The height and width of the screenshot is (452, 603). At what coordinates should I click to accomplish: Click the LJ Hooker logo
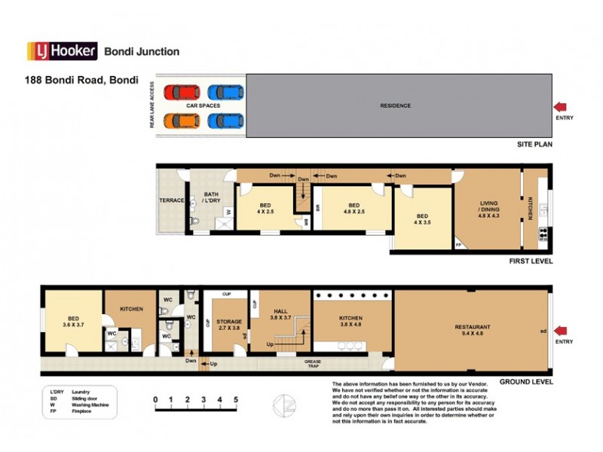tap(63, 51)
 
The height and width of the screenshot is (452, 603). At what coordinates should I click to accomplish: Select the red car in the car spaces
tap(182, 93)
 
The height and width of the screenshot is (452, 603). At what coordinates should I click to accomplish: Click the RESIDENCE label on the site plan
tap(396, 105)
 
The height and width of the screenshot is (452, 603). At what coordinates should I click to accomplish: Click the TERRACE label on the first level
tap(172, 201)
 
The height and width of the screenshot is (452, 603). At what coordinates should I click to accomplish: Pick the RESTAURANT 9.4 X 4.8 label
tap(473, 330)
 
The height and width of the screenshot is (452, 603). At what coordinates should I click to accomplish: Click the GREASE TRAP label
tap(313, 364)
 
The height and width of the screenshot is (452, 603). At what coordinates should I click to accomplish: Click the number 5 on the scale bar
tap(236, 399)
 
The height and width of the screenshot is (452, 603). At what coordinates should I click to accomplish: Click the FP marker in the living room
tap(459, 246)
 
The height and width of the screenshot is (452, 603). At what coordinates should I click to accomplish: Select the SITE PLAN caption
tap(534, 143)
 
